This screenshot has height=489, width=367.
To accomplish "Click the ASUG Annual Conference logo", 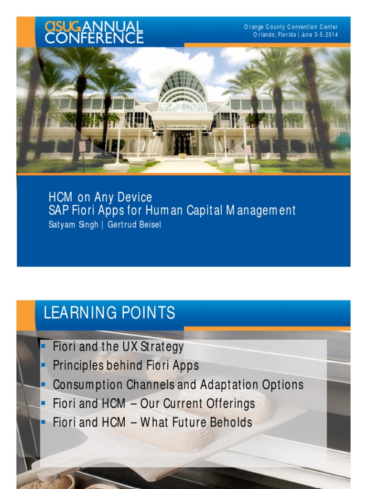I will [x=94, y=32].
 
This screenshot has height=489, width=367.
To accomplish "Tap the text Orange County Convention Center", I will [x=291, y=27].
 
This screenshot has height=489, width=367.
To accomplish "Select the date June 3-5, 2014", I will [x=319, y=35].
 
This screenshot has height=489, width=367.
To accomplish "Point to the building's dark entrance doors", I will [x=182, y=142].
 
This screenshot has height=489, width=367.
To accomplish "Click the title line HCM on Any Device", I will [x=100, y=197].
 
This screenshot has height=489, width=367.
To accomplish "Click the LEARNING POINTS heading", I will [x=109, y=313].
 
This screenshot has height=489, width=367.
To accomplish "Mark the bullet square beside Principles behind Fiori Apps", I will [x=43, y=365].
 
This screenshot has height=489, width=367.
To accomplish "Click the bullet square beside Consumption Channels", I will [x=43, y=384].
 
